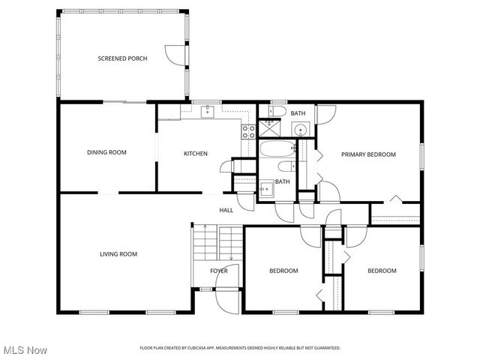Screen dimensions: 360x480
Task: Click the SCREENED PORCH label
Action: point(122,58)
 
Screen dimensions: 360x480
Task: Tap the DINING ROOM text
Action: point(106,152)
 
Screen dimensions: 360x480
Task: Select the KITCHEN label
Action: point(196,154)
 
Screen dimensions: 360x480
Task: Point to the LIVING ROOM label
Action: point(118,254)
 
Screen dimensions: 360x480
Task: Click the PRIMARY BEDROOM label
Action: point(368,154)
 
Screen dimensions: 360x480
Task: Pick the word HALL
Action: point(226,210)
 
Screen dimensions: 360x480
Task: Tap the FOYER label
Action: point(219,271)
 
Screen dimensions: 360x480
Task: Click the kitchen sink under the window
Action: point(208,112)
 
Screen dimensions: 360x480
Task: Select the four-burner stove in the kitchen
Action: point(247,131)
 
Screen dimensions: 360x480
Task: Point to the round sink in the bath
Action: point(301,129)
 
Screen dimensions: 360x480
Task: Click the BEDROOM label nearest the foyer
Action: point(284,271)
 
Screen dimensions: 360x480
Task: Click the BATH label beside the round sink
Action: point(298,113)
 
